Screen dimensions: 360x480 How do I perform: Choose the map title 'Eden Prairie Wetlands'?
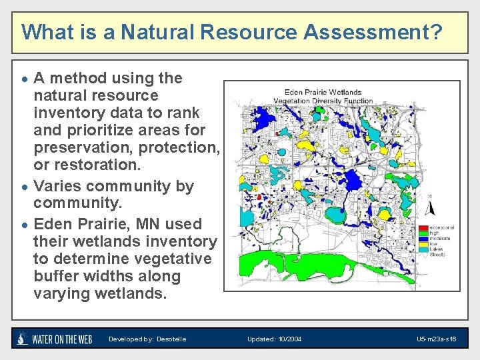323,92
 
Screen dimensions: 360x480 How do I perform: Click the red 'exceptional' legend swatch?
423,228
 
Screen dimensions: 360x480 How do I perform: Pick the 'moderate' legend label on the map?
440,239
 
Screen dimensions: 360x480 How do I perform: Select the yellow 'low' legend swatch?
423,244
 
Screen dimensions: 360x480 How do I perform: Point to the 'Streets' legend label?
438,254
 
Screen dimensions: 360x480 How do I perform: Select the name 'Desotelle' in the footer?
171,339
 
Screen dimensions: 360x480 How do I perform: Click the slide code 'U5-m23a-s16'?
436,339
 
